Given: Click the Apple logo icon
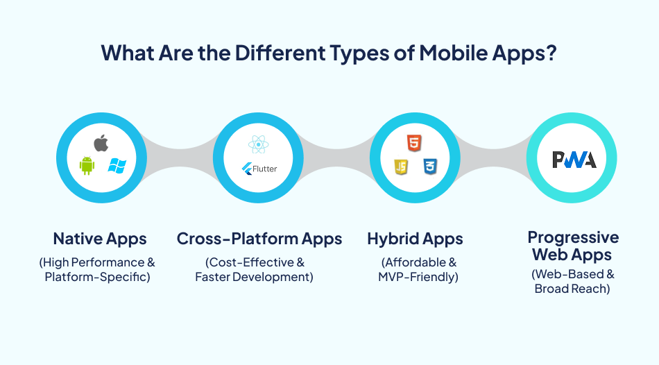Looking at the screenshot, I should click(101, 144).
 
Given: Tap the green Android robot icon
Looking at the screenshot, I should click(87, 166).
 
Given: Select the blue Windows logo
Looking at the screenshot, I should click(117, 166).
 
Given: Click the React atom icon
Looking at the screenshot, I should click(257, 145).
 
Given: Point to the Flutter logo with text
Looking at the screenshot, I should click(258, 169).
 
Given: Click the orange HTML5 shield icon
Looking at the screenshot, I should click(414, 144).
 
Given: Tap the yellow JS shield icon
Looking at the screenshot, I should click(400, 167).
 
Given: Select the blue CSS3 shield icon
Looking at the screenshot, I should click(429, 167).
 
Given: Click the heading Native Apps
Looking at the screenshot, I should click(100, 239).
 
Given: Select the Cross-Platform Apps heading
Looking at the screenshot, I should click(259, 239).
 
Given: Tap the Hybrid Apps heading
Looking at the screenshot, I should click(415, 239).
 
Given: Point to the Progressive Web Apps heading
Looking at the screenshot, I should click(572, 246).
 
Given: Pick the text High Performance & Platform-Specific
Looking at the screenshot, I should click(98, 270).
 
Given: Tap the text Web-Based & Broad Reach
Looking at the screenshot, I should click(572, 281).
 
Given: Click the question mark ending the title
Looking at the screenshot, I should click(551, 53).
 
